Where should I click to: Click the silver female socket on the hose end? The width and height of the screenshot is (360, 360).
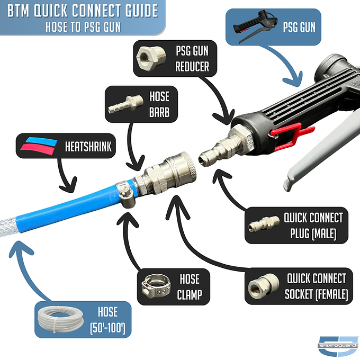pyautogui.click(x=167, y=172)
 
